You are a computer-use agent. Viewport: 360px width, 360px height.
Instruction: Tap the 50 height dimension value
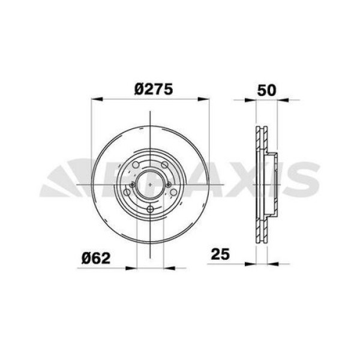(266, 91)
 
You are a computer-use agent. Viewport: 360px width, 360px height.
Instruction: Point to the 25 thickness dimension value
(221, 254)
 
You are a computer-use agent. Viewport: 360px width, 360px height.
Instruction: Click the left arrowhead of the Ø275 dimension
(94, 100)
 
